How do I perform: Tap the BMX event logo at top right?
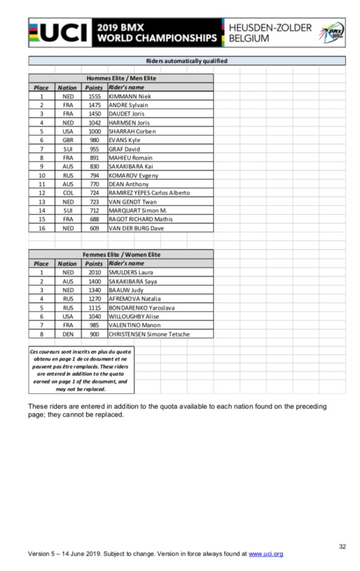[332, 33]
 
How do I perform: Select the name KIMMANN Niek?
[130, 97]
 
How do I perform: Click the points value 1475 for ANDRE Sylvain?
[95, 105]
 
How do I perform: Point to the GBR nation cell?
[68, 140]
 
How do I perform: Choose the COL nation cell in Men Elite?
[68, 193]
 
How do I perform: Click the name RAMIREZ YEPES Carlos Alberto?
[149, 193]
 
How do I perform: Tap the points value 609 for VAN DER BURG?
[95, 228]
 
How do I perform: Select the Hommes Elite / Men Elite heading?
[121, 79]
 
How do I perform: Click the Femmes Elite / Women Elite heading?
[121, 255]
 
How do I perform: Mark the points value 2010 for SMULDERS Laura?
[95, 272]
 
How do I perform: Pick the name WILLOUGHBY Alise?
[133, 317]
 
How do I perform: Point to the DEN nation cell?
[68, 334]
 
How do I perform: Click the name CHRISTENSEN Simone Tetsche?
[149, 334]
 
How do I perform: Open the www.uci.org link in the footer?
[266, 554]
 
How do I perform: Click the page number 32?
[343, 546]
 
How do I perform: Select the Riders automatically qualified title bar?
[186, 61]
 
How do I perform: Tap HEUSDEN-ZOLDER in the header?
[269, 28]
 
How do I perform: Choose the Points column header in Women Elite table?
[94, 264]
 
